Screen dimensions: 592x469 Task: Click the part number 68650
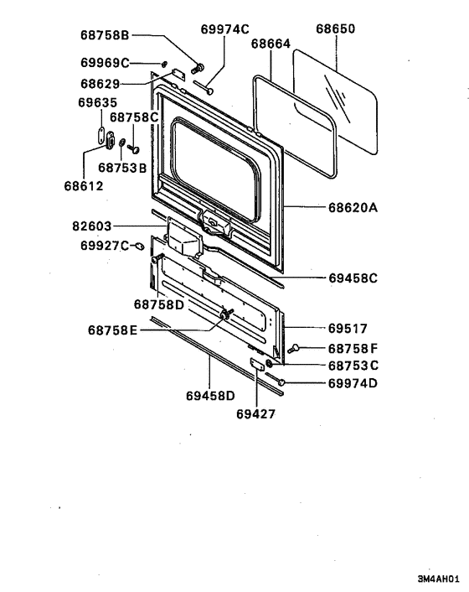tap(335, 29)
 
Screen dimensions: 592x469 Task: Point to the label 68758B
tap(106, 37)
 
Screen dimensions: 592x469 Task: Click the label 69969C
tap(106, 62)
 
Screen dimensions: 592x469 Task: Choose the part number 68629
tap(100, 83)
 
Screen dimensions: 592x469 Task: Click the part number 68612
tap(81, 185)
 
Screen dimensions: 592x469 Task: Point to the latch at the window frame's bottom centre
tap(214, 222)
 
